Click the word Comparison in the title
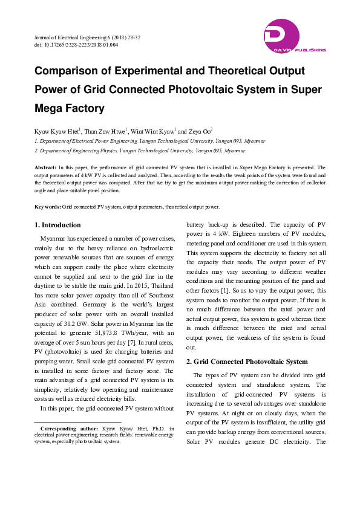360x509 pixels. pyautogui.click(x=67, y=71)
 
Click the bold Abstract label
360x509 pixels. pyautogui.click(x=45, y=166)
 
